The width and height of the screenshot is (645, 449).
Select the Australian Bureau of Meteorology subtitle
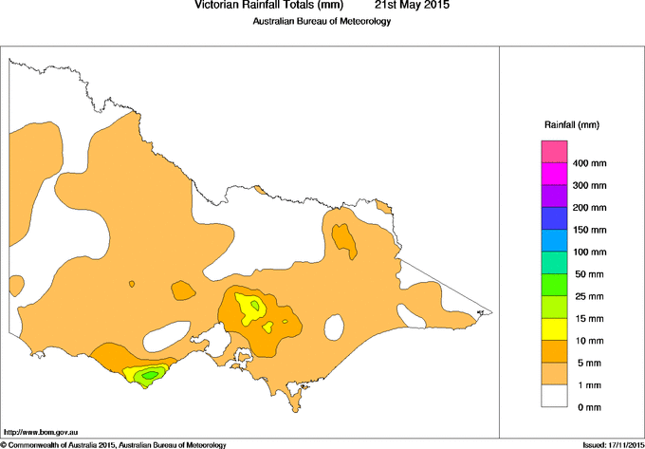pos(322,21)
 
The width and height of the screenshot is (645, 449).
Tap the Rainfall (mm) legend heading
pos(571,125)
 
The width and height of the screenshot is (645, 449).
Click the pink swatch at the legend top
pos(554,153)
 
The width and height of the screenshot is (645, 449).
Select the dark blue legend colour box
pos(554,219)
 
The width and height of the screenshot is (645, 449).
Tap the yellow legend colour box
pos(554,328)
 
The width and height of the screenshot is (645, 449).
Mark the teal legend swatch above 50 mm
pos(554,263)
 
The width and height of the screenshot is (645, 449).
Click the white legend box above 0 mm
pos(554,395)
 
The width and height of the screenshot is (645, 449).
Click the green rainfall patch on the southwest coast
pos(146,377)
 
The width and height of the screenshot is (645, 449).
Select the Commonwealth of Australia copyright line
pos(114,444)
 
